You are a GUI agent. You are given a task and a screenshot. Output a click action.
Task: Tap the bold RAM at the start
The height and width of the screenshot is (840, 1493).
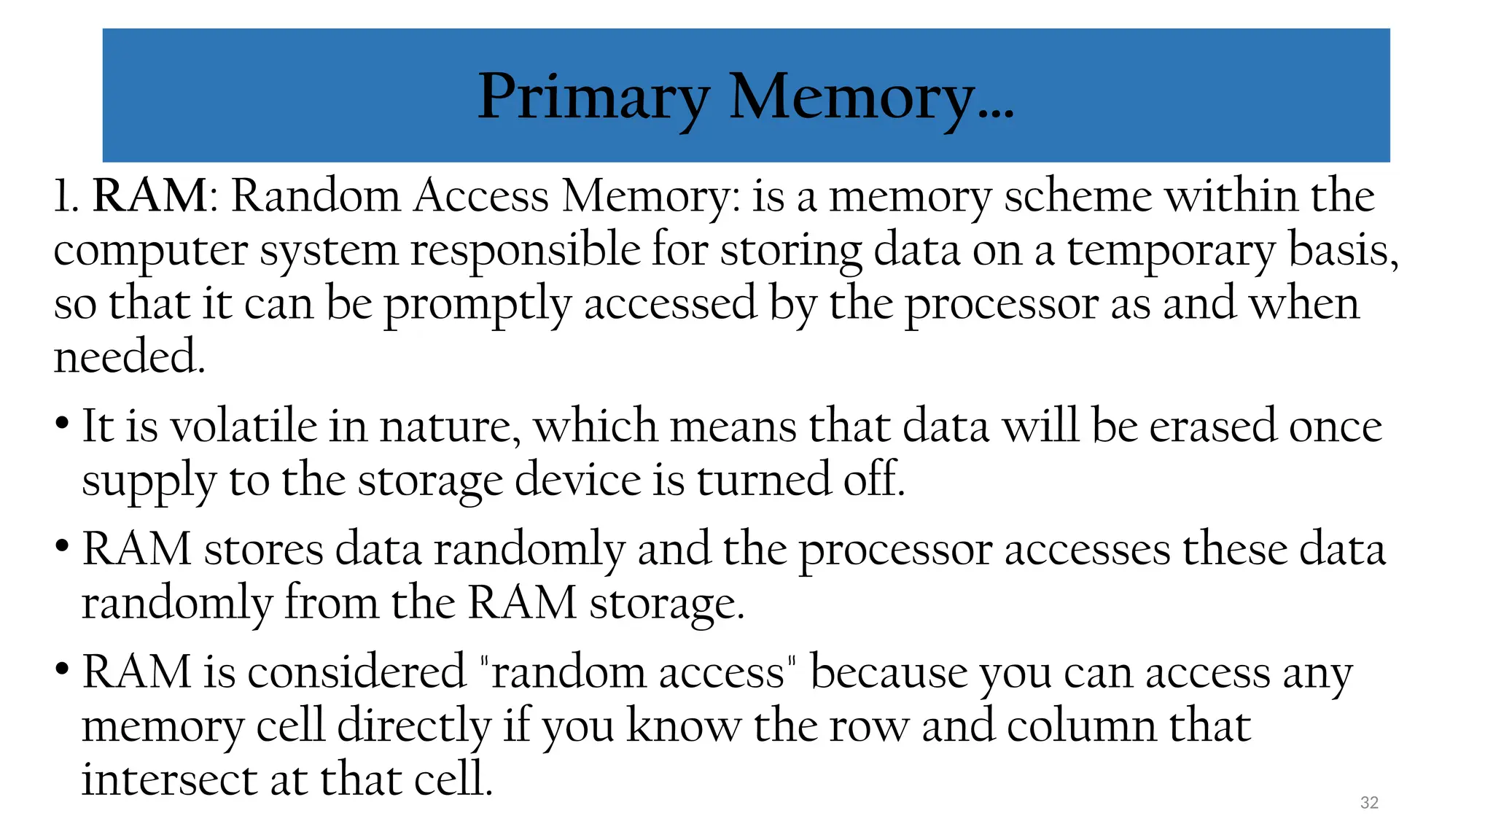click(x=150, y=196)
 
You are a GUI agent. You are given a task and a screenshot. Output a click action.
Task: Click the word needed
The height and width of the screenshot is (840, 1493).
click(x=129, y=357)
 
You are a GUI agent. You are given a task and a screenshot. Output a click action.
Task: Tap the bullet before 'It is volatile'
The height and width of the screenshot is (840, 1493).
click(x=62, y=424)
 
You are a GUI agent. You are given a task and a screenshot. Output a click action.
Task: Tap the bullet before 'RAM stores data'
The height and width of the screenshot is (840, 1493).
click(x=62, y=546)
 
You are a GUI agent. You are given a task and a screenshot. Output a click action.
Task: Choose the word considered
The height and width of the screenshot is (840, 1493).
click(x=356, y=672)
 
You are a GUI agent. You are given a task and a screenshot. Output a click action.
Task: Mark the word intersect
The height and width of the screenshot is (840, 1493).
click(x=169, y=779)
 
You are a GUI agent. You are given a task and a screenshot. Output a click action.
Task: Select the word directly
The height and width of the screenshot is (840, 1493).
click(x=413, y=727)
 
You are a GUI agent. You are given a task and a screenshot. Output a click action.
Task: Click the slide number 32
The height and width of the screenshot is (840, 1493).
click(x=1369, y=803)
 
